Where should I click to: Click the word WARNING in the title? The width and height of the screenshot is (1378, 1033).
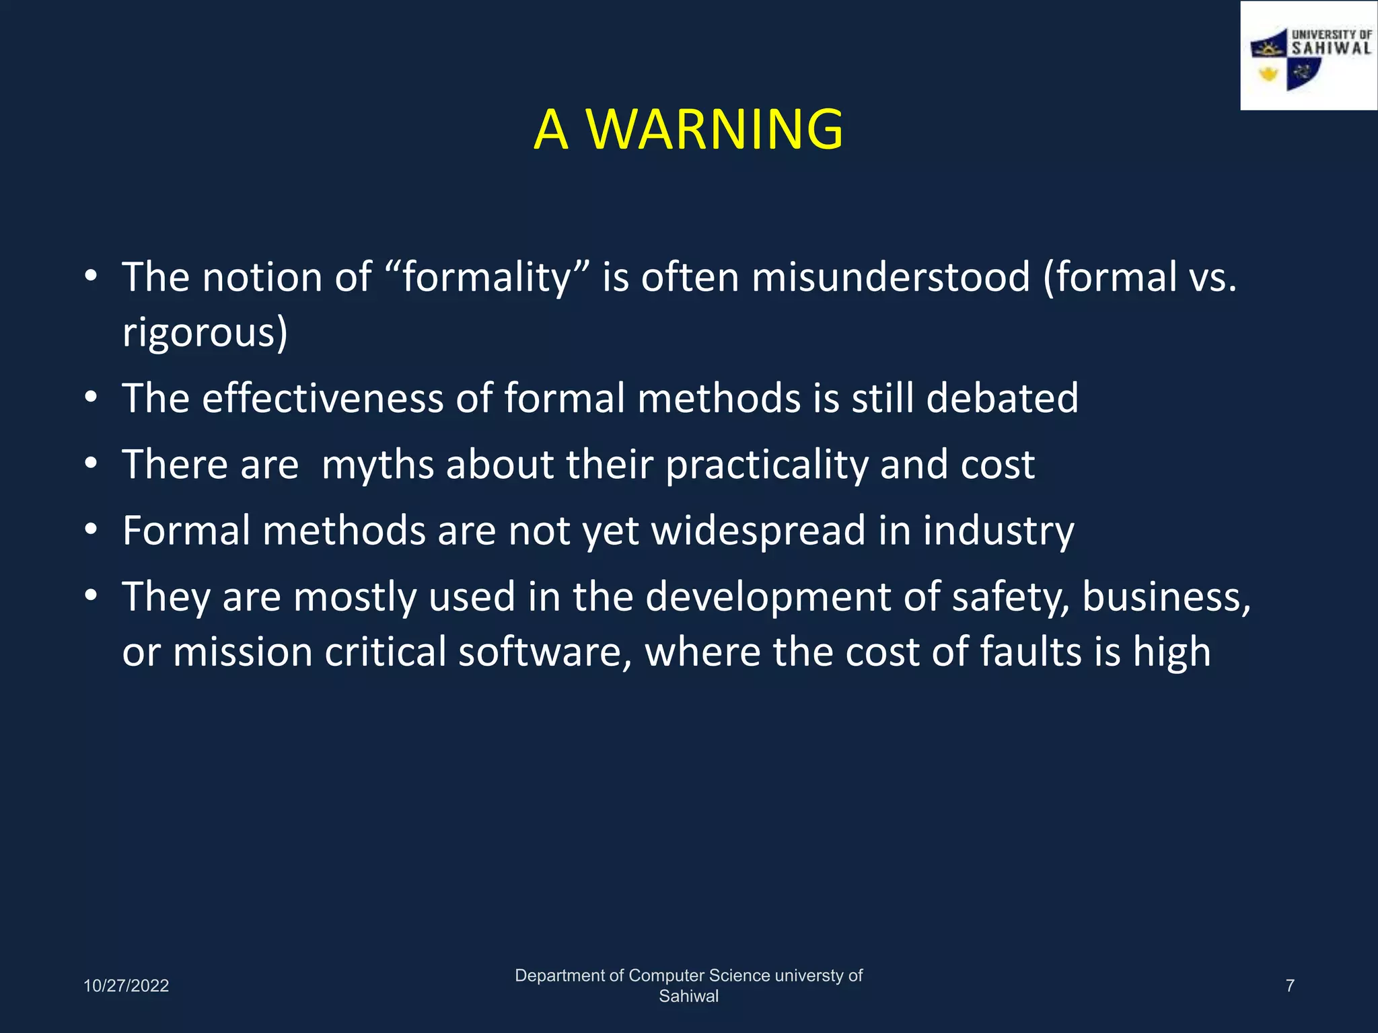tap(715, 129)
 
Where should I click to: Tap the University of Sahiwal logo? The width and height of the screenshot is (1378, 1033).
tap(1309, 56)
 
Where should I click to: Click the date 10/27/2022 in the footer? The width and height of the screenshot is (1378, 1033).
tap(126, 986)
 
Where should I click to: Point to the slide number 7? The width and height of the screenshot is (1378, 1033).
tap(1290, 986)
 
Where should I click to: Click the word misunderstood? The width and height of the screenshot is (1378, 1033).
tap(890, 278)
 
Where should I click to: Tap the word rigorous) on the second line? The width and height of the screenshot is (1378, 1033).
tap(205, 333)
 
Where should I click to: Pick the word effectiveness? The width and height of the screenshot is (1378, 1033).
tap(323, 397)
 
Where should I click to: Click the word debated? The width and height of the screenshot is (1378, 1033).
tap(1002, 397)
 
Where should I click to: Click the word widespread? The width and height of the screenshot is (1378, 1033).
tap(758, 531)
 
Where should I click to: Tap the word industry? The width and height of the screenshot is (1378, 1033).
tap(999, 531)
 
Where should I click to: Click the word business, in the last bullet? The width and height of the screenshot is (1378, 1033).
tap(1166, 597)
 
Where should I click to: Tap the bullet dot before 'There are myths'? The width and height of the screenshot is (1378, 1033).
tap(92, 463)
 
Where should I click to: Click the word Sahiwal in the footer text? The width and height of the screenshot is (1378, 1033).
tap(688, 997)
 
